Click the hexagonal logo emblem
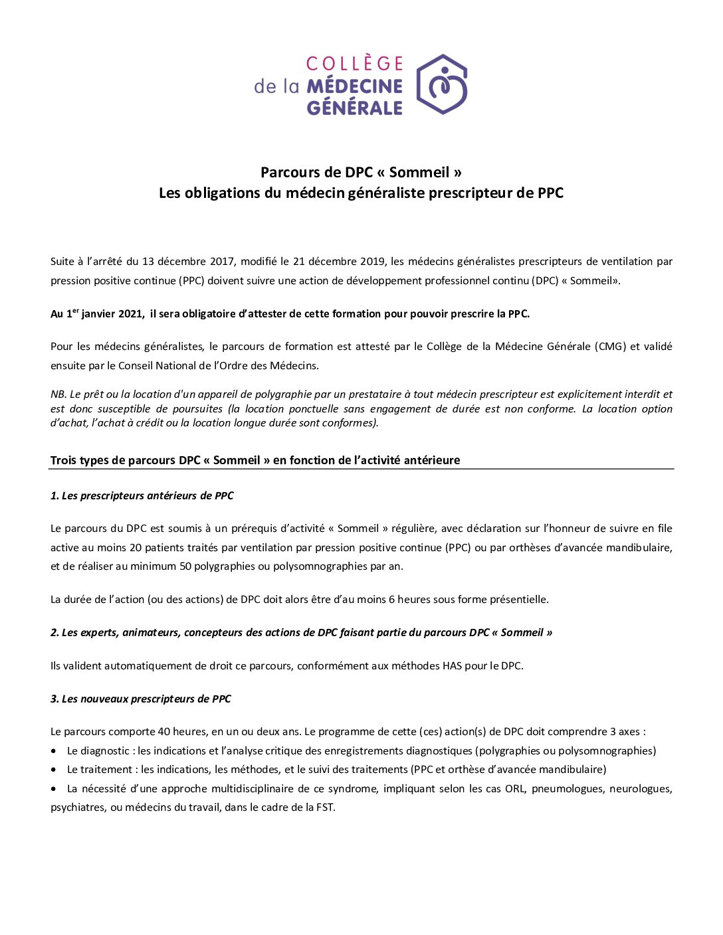point(442,84)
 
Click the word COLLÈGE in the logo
point(355,64)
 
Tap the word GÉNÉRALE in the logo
point(355,108)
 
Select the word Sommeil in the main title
point(419,173)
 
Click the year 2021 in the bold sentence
point(130,314)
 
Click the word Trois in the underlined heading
point(63,460)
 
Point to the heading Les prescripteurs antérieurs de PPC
point(142,496)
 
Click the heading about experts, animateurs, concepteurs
point(301,633)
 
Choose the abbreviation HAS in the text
point(452,666)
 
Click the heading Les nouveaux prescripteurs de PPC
point(141,699)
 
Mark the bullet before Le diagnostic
point(54,751)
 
